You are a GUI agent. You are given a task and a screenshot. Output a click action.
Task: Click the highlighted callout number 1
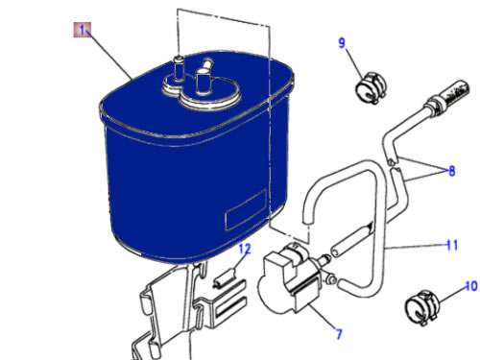(x=83, y=30)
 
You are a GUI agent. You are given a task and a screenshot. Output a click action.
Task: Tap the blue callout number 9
(x=342, y=42)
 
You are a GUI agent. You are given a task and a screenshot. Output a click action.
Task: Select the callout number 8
(x=451, y=171)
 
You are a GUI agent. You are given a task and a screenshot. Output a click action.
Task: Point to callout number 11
(x=452, y=246)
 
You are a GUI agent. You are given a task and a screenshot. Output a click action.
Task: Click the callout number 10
(x=471, y=286)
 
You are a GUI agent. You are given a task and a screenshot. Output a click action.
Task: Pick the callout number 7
(x=339, y=334)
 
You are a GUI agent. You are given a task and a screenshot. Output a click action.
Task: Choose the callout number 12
(x=245, y=249)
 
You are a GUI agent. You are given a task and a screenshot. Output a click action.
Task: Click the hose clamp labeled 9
(x=372, y=87)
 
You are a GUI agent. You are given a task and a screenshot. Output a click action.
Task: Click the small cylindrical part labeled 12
(x=226, y=276)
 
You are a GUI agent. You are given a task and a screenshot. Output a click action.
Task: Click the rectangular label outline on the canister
(x=246, y=210)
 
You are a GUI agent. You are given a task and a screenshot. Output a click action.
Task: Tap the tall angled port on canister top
(x=203, y=78)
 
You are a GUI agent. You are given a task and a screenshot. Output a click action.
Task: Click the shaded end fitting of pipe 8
(x=455, y=90)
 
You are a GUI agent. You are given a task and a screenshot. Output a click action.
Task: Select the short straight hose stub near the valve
(x=351, y=240)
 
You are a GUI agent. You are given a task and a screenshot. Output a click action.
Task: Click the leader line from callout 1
(x=111, y=57)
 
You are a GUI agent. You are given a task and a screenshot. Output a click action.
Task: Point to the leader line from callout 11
(x=416, y=247)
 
